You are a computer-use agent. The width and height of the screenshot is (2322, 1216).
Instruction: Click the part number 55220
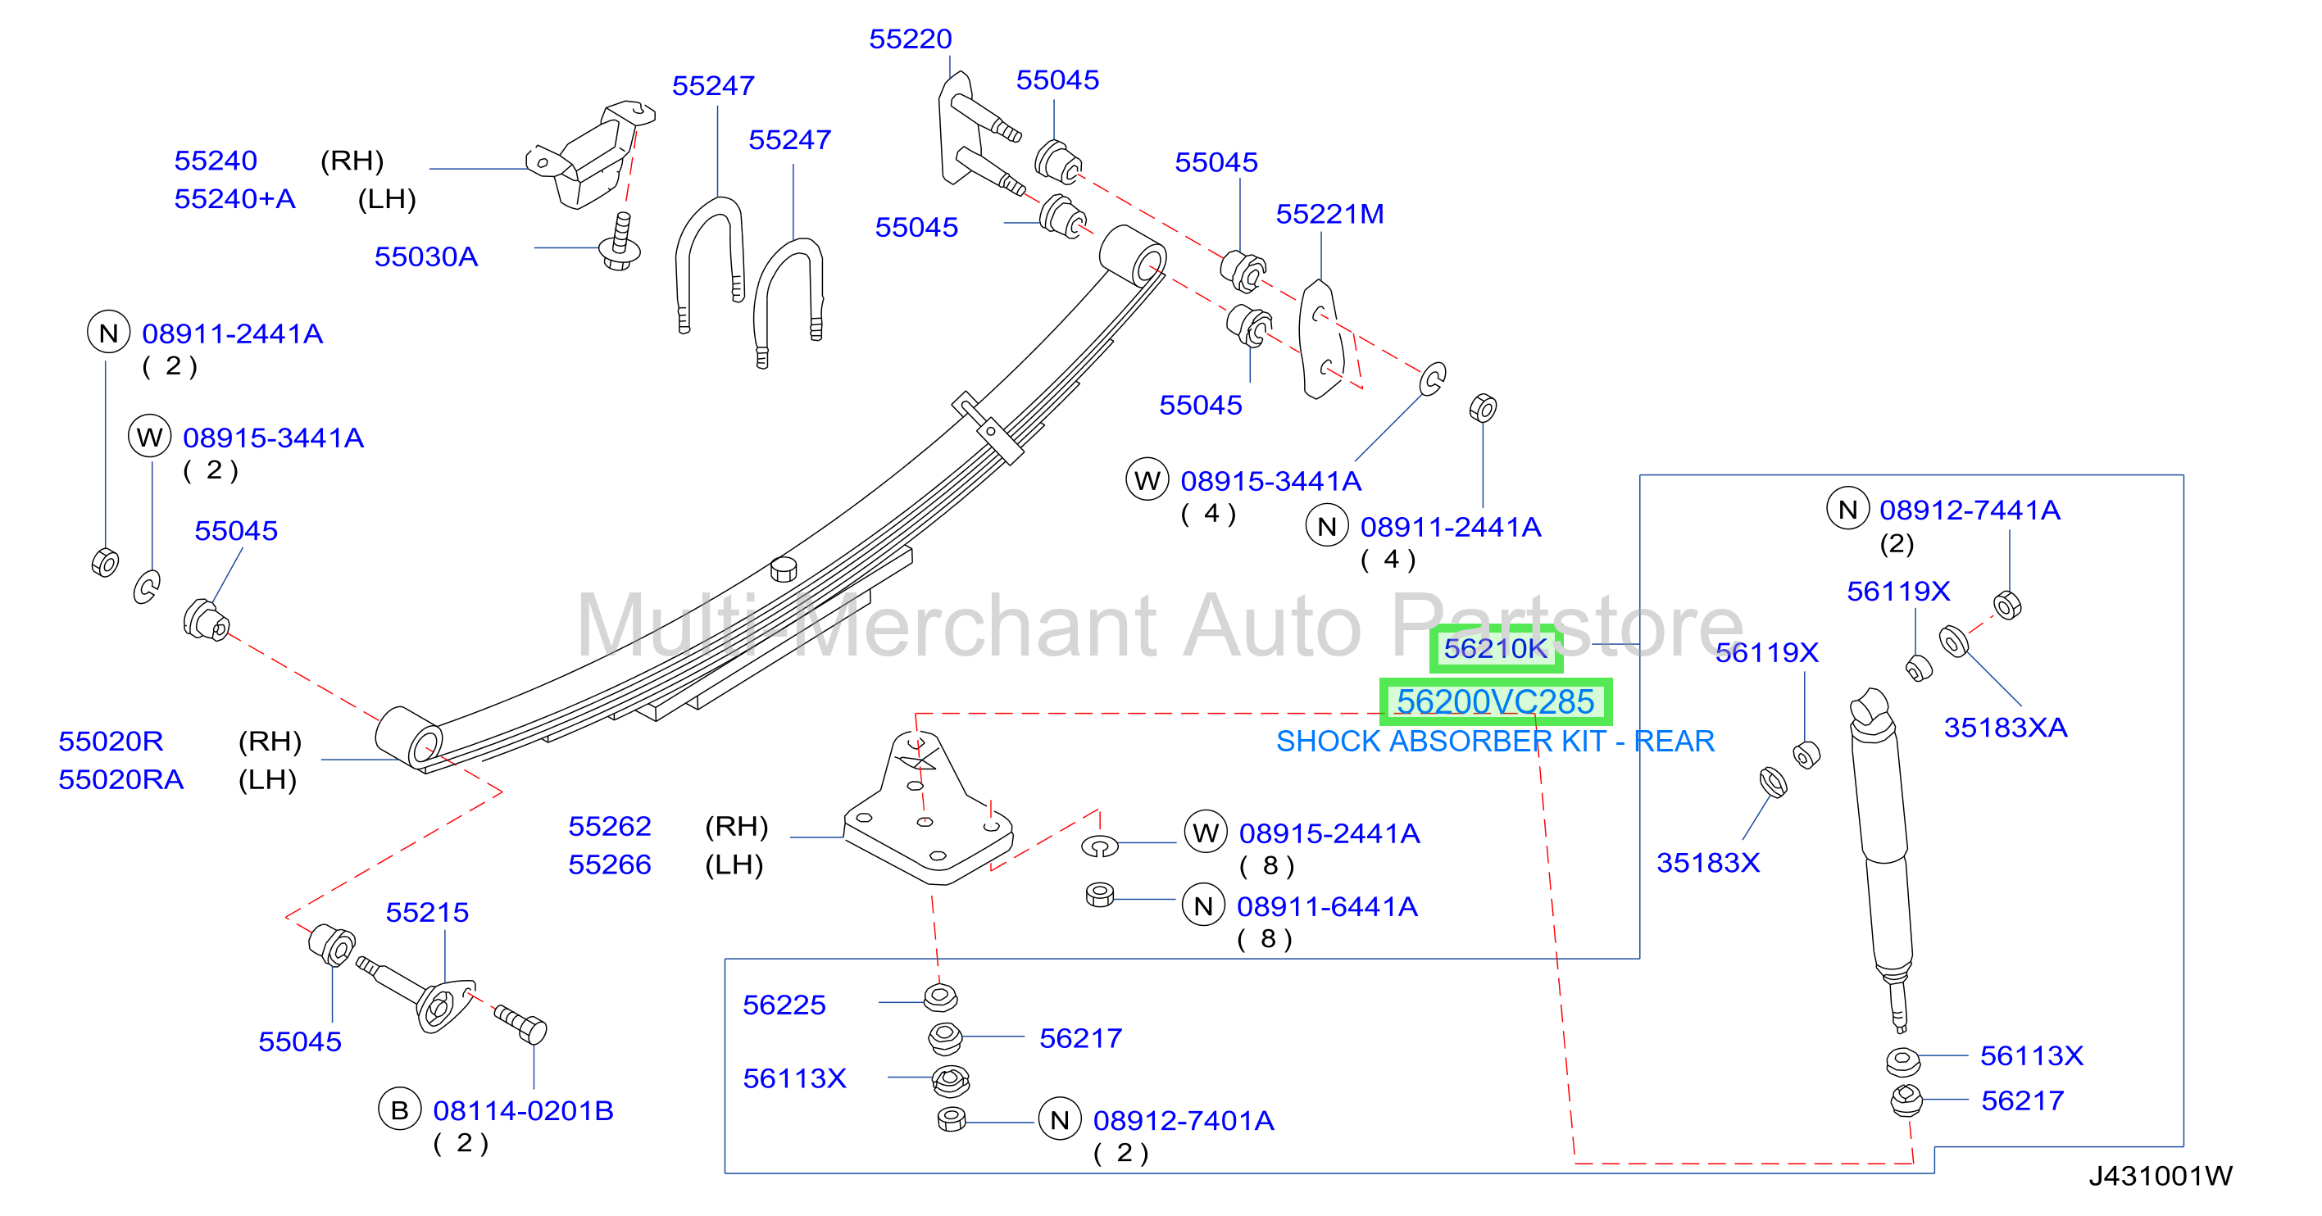[x=910, y=39]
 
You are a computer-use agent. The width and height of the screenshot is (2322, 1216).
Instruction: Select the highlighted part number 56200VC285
[x=1496, y=701]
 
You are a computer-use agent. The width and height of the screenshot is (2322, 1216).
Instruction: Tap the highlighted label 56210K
[x=1496, y=647]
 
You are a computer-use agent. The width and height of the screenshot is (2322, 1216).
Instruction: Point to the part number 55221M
[x=1329, y=214]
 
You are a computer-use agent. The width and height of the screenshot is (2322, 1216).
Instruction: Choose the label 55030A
[x=425, y=257]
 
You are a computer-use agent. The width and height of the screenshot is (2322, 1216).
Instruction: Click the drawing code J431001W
[x=2161, y=1175]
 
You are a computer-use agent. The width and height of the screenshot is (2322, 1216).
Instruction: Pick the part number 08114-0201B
[x=523, y=1110]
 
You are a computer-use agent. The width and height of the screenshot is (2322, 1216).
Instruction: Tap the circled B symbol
[x=399, y=1110]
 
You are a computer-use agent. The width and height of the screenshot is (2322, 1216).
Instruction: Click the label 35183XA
[x=2005, y=728]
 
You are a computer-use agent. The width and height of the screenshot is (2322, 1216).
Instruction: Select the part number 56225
[x=784, y=1005]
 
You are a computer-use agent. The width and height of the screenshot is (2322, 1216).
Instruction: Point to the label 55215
[x=426, y=912]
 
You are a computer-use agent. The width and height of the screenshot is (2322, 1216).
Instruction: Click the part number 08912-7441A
[x=1970, y=510]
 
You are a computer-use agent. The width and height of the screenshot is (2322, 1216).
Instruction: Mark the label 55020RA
[x=120, y=780]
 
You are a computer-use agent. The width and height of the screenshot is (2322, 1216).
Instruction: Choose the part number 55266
[x=609, y=864]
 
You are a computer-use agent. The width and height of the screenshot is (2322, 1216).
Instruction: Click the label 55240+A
[x=234, y=198]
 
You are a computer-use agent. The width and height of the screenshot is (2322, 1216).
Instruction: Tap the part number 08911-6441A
[x=1327, y=907]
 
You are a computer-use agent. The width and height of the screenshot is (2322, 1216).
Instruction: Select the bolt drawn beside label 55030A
[x=620, y=242]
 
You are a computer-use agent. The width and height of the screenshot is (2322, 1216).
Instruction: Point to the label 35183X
[x=1707, y=863]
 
